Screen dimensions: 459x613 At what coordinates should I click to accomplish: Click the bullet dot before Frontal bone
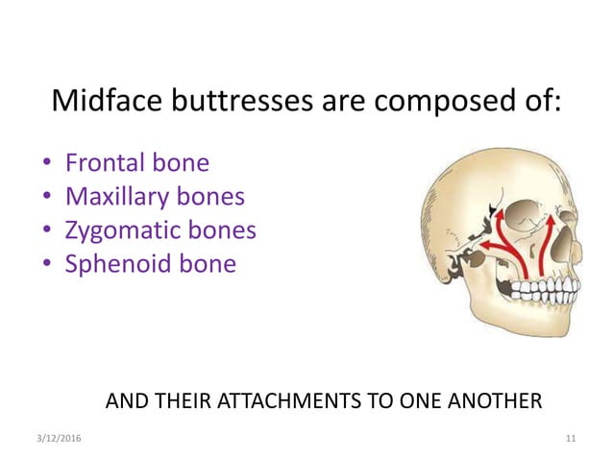click(x=47, y=164)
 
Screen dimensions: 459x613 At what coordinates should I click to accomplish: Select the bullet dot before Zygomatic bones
click(x=47, y=231)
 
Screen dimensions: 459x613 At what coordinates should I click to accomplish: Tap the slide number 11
click(x=571, y=438)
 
